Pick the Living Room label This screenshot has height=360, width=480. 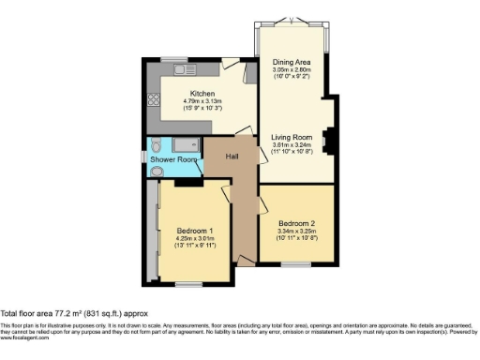[292, 137]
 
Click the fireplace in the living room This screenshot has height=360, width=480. [329, 140]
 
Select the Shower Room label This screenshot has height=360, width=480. [174, 160]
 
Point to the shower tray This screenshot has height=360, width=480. [187, 144]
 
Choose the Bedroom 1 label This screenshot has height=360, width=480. [195, 230]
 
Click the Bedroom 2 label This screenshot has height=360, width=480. [296, 222]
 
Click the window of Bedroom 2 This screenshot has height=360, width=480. [296, 263]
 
